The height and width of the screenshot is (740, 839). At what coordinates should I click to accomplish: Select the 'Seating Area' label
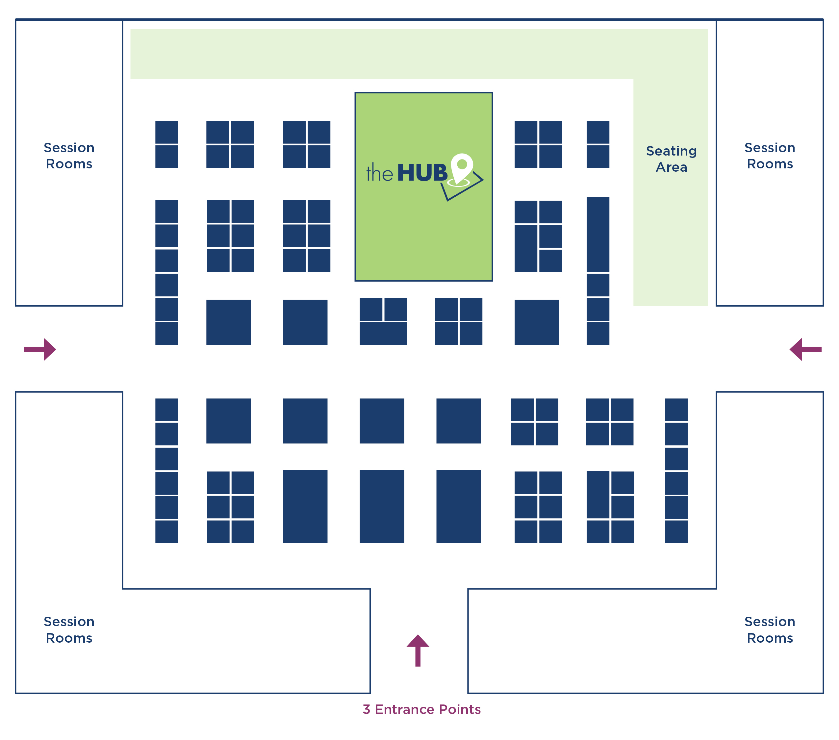pos(671,159)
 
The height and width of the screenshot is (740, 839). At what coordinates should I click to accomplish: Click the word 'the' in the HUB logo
pos(379,173)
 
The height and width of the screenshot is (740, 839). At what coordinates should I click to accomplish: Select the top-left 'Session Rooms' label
pos(69,156)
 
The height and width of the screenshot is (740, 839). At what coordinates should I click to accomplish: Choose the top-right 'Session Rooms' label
pos(770,156)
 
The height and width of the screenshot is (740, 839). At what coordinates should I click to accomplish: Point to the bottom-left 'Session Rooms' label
pos(69,629)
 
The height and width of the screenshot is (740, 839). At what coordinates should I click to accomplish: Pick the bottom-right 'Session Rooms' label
pos(770,629)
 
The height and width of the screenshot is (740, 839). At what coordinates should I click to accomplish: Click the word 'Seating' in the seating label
pos(671,151)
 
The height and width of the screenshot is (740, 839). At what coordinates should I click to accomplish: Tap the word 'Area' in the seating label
pos(671,167)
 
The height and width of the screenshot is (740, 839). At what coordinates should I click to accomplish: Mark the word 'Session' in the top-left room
pos(69,148)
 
